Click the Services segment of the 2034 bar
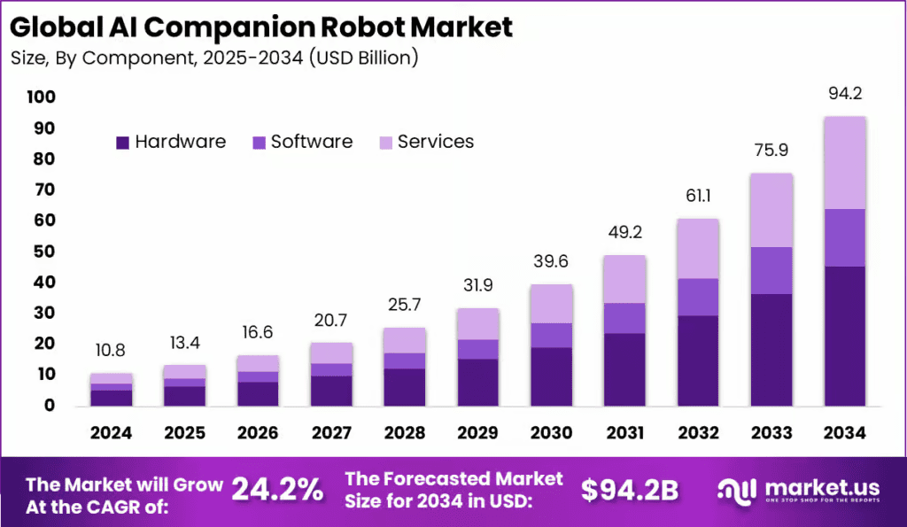(x=844, y=162)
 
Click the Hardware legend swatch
(x=122, y=143)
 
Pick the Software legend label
(x=312, y=142)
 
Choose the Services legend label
(x=436, y=142)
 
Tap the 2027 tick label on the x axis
(x=331, y=433)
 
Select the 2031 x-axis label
(x=625, y=433)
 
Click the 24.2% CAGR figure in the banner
(x=277, y=488)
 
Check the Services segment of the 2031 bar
(x=625, y=279)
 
